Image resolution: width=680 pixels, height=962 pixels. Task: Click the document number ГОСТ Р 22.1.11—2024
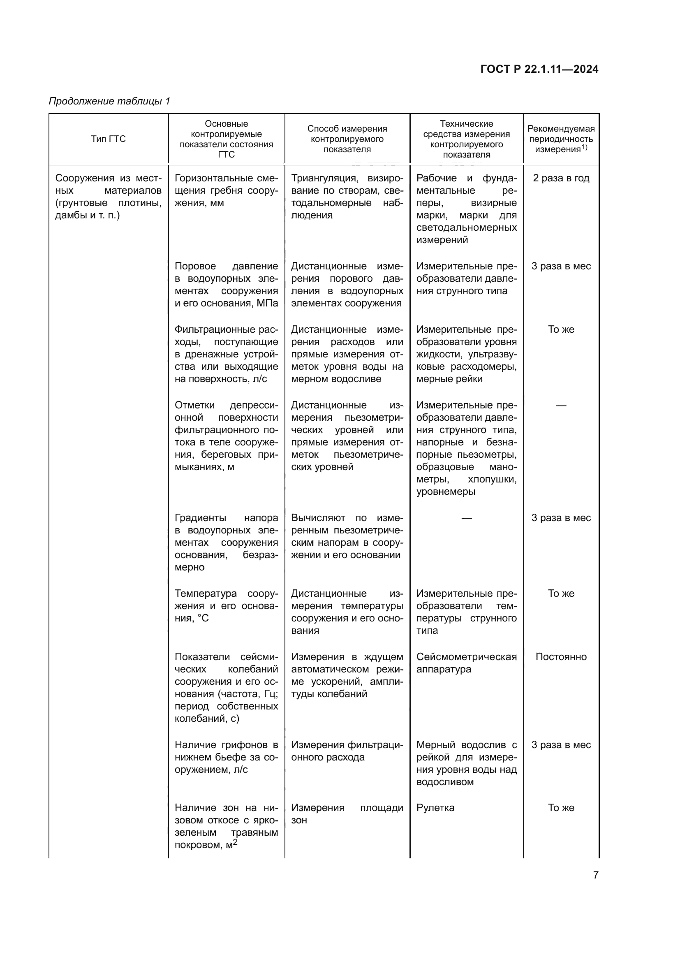pos(539,69)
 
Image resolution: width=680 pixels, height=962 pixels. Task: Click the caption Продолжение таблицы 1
pos(109,101)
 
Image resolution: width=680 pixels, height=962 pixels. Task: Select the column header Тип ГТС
pos(109,139)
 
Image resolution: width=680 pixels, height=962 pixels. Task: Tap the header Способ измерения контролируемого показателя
pos(347,139)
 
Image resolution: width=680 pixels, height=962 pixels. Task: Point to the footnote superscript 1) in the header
pos(584,148)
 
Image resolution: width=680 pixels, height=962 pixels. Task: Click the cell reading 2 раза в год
pos(561,178)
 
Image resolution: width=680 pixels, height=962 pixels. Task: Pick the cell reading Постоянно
pos(561,656)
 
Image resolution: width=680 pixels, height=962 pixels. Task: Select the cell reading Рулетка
pos(435,807)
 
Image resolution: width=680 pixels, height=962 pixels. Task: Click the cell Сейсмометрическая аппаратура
pos(466,663)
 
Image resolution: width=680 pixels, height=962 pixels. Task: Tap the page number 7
pos(596,875)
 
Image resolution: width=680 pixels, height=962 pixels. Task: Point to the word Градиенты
pos(200,518)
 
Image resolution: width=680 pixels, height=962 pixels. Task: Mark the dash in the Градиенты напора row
pos(467,518)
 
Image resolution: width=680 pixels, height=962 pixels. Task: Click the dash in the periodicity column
pos(561,405)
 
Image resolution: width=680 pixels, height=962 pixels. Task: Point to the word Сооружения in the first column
pos(85,178)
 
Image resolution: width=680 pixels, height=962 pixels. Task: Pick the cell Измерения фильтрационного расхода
pos(347,751)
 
